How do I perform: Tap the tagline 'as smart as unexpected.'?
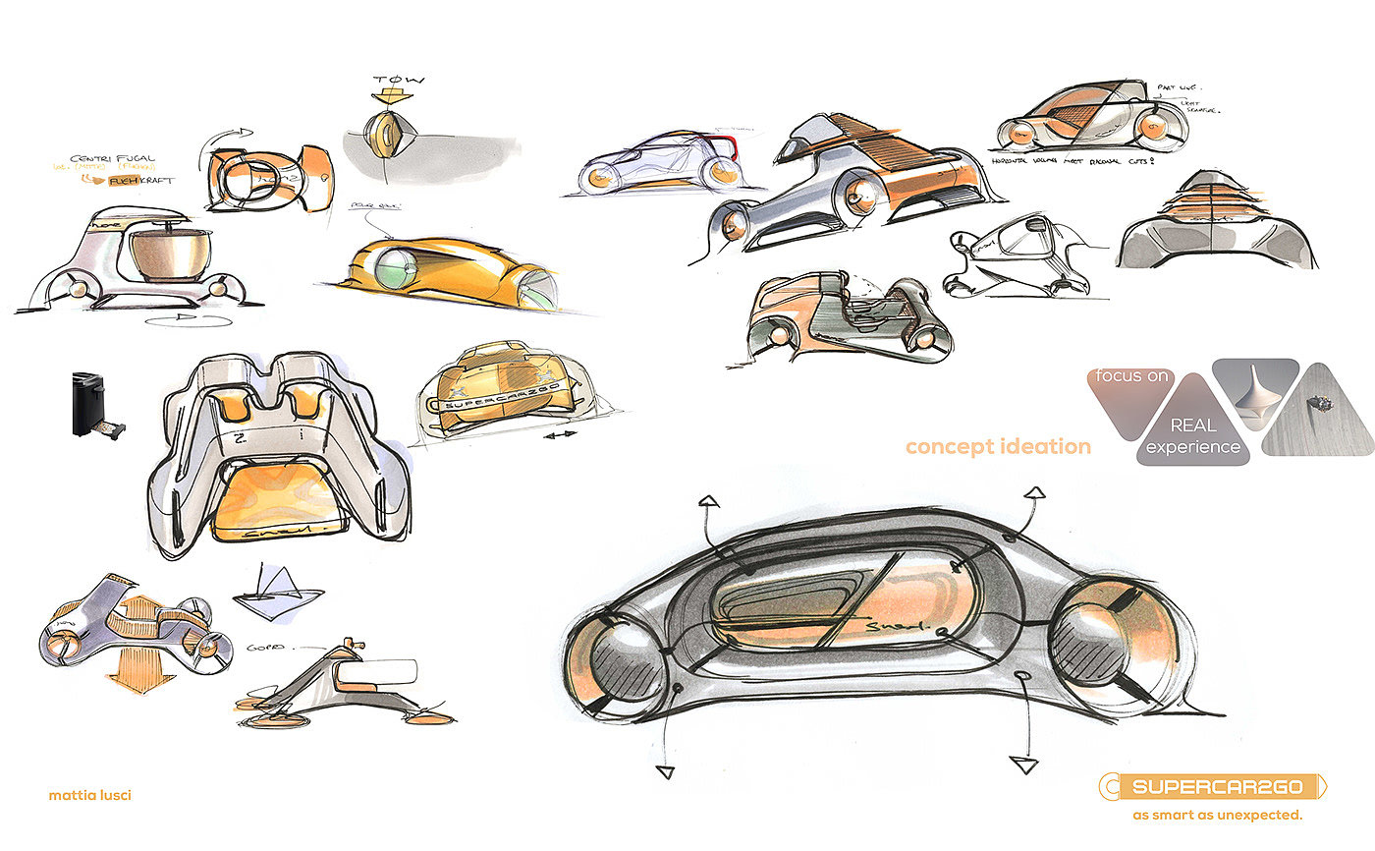coord(1217,815)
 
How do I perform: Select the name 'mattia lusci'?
coord(89,795)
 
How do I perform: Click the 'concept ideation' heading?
coord(998,447)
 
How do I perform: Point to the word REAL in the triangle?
coord(1192,425)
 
